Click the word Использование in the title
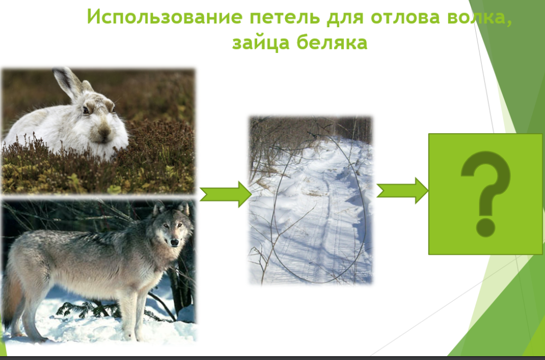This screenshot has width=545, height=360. coord(165,16)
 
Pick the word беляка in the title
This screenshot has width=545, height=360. coord(332,43)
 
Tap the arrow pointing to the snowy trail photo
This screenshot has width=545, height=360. coord(225,194)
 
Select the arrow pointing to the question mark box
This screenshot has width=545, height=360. coord(402,190)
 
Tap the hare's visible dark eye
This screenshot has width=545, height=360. coord(86,110)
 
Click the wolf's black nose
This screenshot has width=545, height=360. coord(174,242)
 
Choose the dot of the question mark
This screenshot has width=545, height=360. coord(486,228)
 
